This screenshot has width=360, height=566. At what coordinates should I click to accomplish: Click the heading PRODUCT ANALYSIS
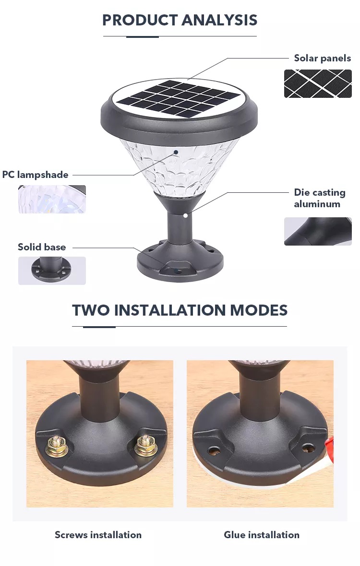click(180, 20)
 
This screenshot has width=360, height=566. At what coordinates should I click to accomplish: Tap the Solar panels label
click(322, 58)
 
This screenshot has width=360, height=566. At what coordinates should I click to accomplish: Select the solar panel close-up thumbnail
click(318, 84)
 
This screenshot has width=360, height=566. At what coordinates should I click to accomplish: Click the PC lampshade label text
click(36, 175)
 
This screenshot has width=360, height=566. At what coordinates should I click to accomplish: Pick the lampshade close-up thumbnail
click(52, 199)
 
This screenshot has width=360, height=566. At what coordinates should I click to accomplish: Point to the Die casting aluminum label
click(320, 198)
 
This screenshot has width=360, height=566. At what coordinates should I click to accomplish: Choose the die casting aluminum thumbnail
click(318, 231)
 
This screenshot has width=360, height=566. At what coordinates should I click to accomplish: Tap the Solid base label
click(42, 247)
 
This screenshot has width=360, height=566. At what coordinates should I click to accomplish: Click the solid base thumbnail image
click(52, 271)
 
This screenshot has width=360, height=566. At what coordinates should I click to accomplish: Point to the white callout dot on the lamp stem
click(185, 215)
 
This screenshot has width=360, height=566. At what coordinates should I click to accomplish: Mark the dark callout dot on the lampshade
click(176, 152)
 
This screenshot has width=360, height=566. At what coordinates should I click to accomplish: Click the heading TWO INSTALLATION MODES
click(180, 310)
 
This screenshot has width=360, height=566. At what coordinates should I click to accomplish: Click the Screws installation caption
click(98, 535)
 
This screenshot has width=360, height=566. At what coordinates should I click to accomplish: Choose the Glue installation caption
click(262, 535)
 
